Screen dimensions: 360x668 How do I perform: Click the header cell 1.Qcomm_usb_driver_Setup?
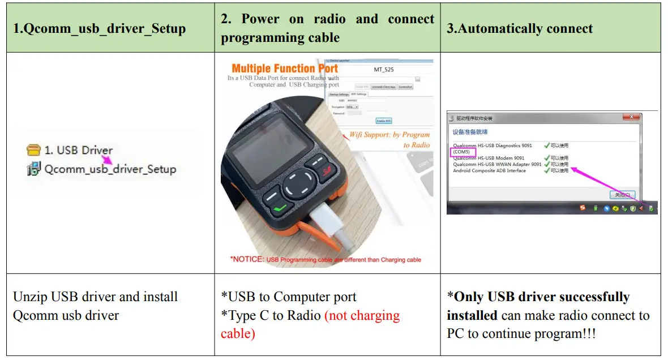(x=99, y=28)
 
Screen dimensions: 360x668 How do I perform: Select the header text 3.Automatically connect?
(x=519, y=28)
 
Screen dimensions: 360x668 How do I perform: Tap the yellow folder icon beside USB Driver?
(x=35, y=150)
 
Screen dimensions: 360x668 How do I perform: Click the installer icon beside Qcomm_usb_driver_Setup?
(x=35, y=169)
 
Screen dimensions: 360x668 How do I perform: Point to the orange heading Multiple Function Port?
(x=285, y=69)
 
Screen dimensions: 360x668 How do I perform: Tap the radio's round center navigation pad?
(x=297, y=185)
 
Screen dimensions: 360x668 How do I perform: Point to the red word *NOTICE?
(x=247, y=259)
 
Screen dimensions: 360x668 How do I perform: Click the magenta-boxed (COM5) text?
(x=461, y=152)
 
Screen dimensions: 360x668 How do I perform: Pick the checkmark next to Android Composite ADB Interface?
(x=546, y=170)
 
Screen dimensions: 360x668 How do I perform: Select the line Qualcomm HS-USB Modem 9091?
(x=489, y=158)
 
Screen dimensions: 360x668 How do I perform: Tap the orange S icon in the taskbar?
(x=582, y=208)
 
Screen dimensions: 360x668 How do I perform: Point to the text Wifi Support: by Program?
(x=389, y=135)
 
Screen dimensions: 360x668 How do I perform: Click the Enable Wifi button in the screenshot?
(x=384, y=121)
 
